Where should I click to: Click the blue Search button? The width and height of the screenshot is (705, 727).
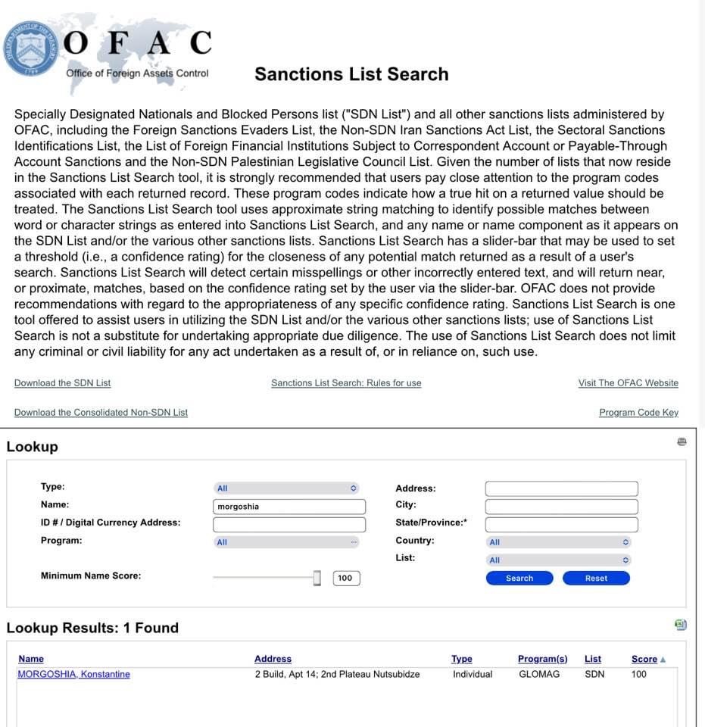tap(519, 578)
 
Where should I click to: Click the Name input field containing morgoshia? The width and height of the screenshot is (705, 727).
tap(289, 507)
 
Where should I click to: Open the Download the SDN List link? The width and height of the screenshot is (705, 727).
tap(62, 383)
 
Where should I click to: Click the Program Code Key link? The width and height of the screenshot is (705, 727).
tap(638, 413)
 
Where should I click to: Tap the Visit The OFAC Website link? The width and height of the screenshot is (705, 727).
tap(628, 383)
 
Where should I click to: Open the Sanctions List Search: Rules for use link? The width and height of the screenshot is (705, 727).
tap(346, 383)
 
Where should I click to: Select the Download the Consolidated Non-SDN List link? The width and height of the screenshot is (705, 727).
tap(101, 413)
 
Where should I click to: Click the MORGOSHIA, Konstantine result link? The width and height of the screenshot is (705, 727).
tap(73, 674)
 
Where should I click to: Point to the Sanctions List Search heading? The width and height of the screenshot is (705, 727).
tap(351, 74)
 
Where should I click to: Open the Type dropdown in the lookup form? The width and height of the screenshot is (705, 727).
tap(286, 488)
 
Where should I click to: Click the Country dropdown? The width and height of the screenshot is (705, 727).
tap(558, 542)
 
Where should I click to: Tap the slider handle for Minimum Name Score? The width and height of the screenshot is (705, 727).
tap(317, 578)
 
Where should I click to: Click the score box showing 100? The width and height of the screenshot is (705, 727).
tap(346, 578)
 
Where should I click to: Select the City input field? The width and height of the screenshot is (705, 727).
tap(561, 507)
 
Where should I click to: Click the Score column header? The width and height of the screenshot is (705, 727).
tap(644, 659)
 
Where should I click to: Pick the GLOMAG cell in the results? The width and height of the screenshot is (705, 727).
tap(539, 674)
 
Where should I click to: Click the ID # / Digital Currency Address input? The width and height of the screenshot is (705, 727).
tap(289, 525)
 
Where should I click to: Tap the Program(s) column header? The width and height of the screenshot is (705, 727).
tap(542, 659)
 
